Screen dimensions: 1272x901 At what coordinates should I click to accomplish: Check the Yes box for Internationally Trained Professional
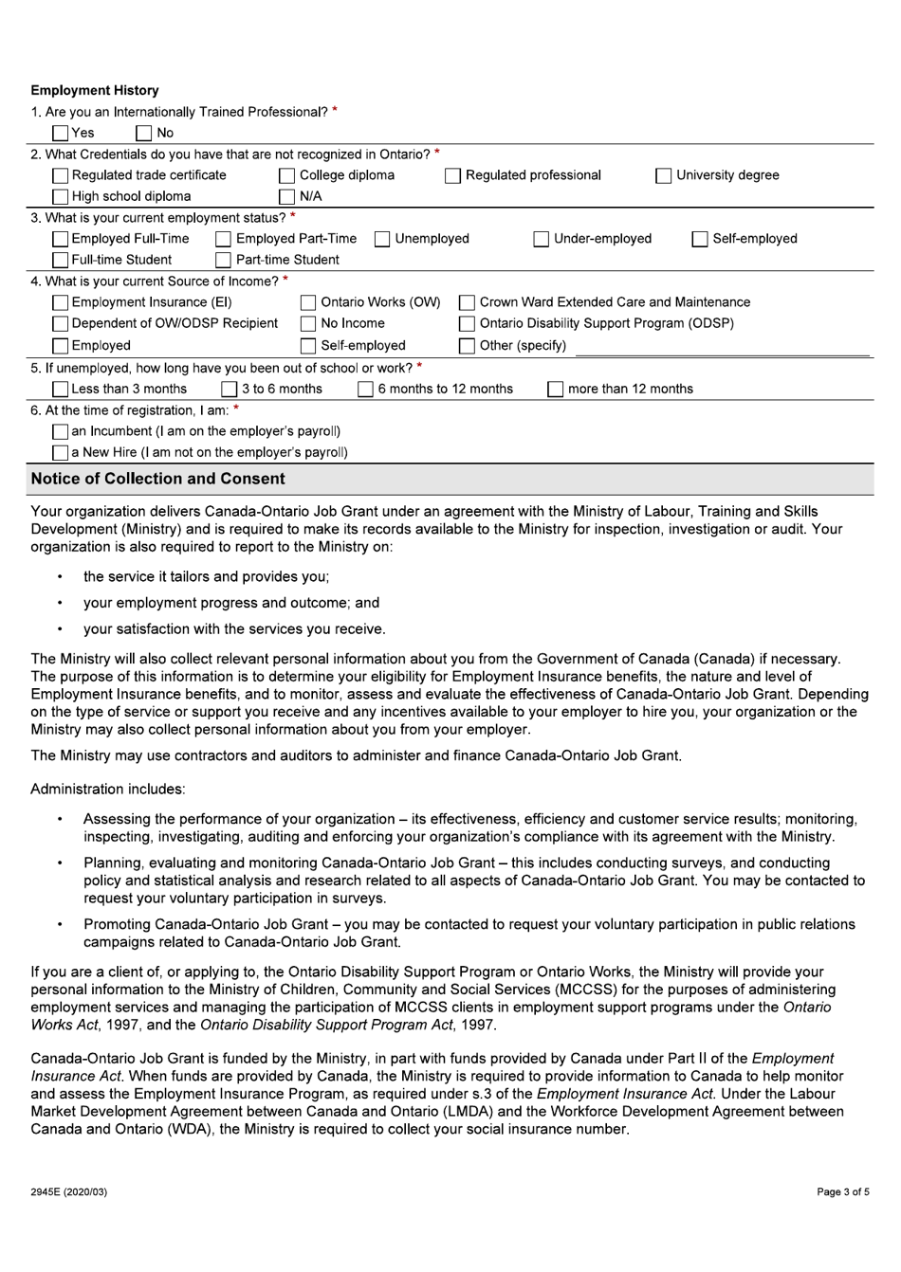coord(61,134)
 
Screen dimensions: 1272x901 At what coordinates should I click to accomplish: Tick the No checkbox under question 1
coord(145,134)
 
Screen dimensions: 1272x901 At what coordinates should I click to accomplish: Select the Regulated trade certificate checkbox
coord(61,175)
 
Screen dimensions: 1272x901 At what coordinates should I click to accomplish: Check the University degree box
coord(665,175)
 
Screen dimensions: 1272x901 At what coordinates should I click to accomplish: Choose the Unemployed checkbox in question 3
coord(383,239)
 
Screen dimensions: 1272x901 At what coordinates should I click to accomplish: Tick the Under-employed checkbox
coord(542,239)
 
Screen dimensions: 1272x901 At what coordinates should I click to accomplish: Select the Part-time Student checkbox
coord(224,260)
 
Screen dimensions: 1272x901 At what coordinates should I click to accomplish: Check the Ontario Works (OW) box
coord(309,302)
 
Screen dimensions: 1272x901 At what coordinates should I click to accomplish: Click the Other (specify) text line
coord(721,347)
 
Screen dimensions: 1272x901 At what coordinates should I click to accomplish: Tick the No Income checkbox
coord(309,324)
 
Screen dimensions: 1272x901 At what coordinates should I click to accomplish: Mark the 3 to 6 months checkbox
coord(230,390)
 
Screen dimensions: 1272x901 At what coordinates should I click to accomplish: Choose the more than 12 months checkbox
coord(556,390)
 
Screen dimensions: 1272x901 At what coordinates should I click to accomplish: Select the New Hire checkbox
coord(61,453)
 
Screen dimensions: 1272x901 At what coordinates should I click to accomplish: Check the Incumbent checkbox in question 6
coord(61,432)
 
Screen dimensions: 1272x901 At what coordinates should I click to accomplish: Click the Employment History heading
coord(95,91)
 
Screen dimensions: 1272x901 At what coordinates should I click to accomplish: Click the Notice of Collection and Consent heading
coord(157,480)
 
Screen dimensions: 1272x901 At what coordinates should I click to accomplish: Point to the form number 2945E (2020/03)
coord(69,1191)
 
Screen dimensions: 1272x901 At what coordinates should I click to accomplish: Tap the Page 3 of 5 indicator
coord(842,1191)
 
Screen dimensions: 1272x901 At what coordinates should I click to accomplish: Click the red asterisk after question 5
coord(419,367)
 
